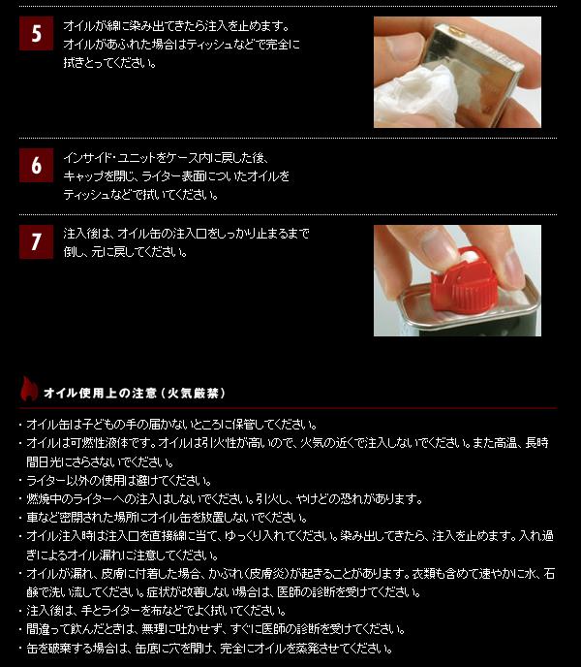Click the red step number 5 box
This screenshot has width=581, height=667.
36,33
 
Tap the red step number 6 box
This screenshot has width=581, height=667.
36,165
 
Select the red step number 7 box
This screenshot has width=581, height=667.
36,241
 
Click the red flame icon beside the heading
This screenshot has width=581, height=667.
29,389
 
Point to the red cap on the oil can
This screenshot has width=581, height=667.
464,280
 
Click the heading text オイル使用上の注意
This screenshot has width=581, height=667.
101,393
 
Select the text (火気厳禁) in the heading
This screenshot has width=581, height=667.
193,393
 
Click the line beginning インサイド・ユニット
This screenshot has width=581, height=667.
166,158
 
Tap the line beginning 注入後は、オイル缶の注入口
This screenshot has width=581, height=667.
186,233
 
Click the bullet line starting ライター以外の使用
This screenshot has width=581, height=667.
118,481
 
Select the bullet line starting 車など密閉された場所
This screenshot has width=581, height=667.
167,518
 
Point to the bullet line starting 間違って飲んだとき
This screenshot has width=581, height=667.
216,629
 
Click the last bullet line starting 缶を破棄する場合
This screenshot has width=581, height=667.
209,649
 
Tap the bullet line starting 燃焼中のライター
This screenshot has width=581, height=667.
225,498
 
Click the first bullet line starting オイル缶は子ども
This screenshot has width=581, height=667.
171,424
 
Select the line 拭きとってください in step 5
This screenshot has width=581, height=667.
110,63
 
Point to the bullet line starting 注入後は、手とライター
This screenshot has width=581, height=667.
156,611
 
